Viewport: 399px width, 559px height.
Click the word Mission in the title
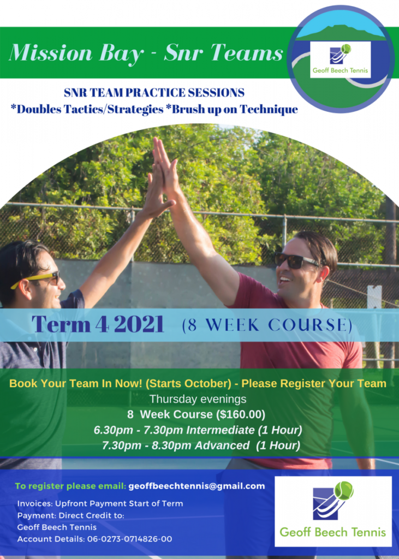[51, 52]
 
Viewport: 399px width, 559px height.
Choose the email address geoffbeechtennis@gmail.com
[196, 486]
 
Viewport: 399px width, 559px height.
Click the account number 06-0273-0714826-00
[129, 539]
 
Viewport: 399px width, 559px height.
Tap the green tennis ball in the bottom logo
[344, 491]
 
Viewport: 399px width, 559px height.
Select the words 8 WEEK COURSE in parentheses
[267, 325]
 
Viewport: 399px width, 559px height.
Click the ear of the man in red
[324, 274]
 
